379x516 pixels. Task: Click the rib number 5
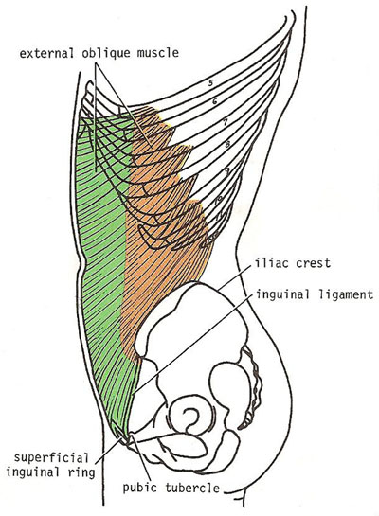(210, 82)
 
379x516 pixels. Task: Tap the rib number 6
(215, 101)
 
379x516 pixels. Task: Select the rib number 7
(225, 122)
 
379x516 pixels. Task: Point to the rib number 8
(227, 144)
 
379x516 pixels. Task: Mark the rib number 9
(227, 170)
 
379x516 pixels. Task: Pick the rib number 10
(219, 200)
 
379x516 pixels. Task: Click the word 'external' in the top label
(47, 53)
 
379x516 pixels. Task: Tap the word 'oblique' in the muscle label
(106, 54)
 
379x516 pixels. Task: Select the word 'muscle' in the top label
(158, 53)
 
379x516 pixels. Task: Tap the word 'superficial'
(51, 458)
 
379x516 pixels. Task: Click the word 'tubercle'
(192, 488)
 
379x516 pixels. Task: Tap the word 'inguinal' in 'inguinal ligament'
(283, 294)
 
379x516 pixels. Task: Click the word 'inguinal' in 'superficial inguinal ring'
(33, 472)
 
